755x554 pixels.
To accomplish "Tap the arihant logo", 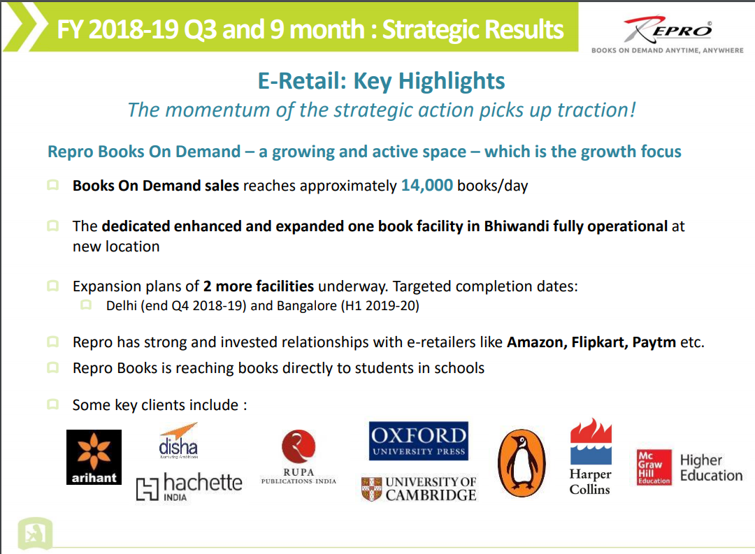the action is [x=94, y=457].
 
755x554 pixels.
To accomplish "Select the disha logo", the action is [x=178, y=440].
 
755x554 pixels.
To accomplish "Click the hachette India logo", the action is [x=189, y=487].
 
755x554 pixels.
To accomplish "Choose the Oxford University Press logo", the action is [x=419, y=441].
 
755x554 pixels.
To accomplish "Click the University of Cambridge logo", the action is [x=419, y=488].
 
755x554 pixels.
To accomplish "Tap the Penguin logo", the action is [x=522, y=463].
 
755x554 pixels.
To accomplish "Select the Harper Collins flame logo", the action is [x=591, y=441].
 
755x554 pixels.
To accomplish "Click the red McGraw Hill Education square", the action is [x=654, y=467].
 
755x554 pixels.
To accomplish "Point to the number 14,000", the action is [x=426, y=185].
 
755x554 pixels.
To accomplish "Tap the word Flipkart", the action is [x=600, y=342].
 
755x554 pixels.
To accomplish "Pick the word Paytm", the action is [x=654, y=342].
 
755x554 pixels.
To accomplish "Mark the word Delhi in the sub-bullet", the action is [x=122, y=305].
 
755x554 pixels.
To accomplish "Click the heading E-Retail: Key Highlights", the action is [x=382, y=81].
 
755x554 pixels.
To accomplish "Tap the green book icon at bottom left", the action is [x=35, y=533].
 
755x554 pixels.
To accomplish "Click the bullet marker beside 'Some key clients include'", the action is [x=52, y=404].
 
